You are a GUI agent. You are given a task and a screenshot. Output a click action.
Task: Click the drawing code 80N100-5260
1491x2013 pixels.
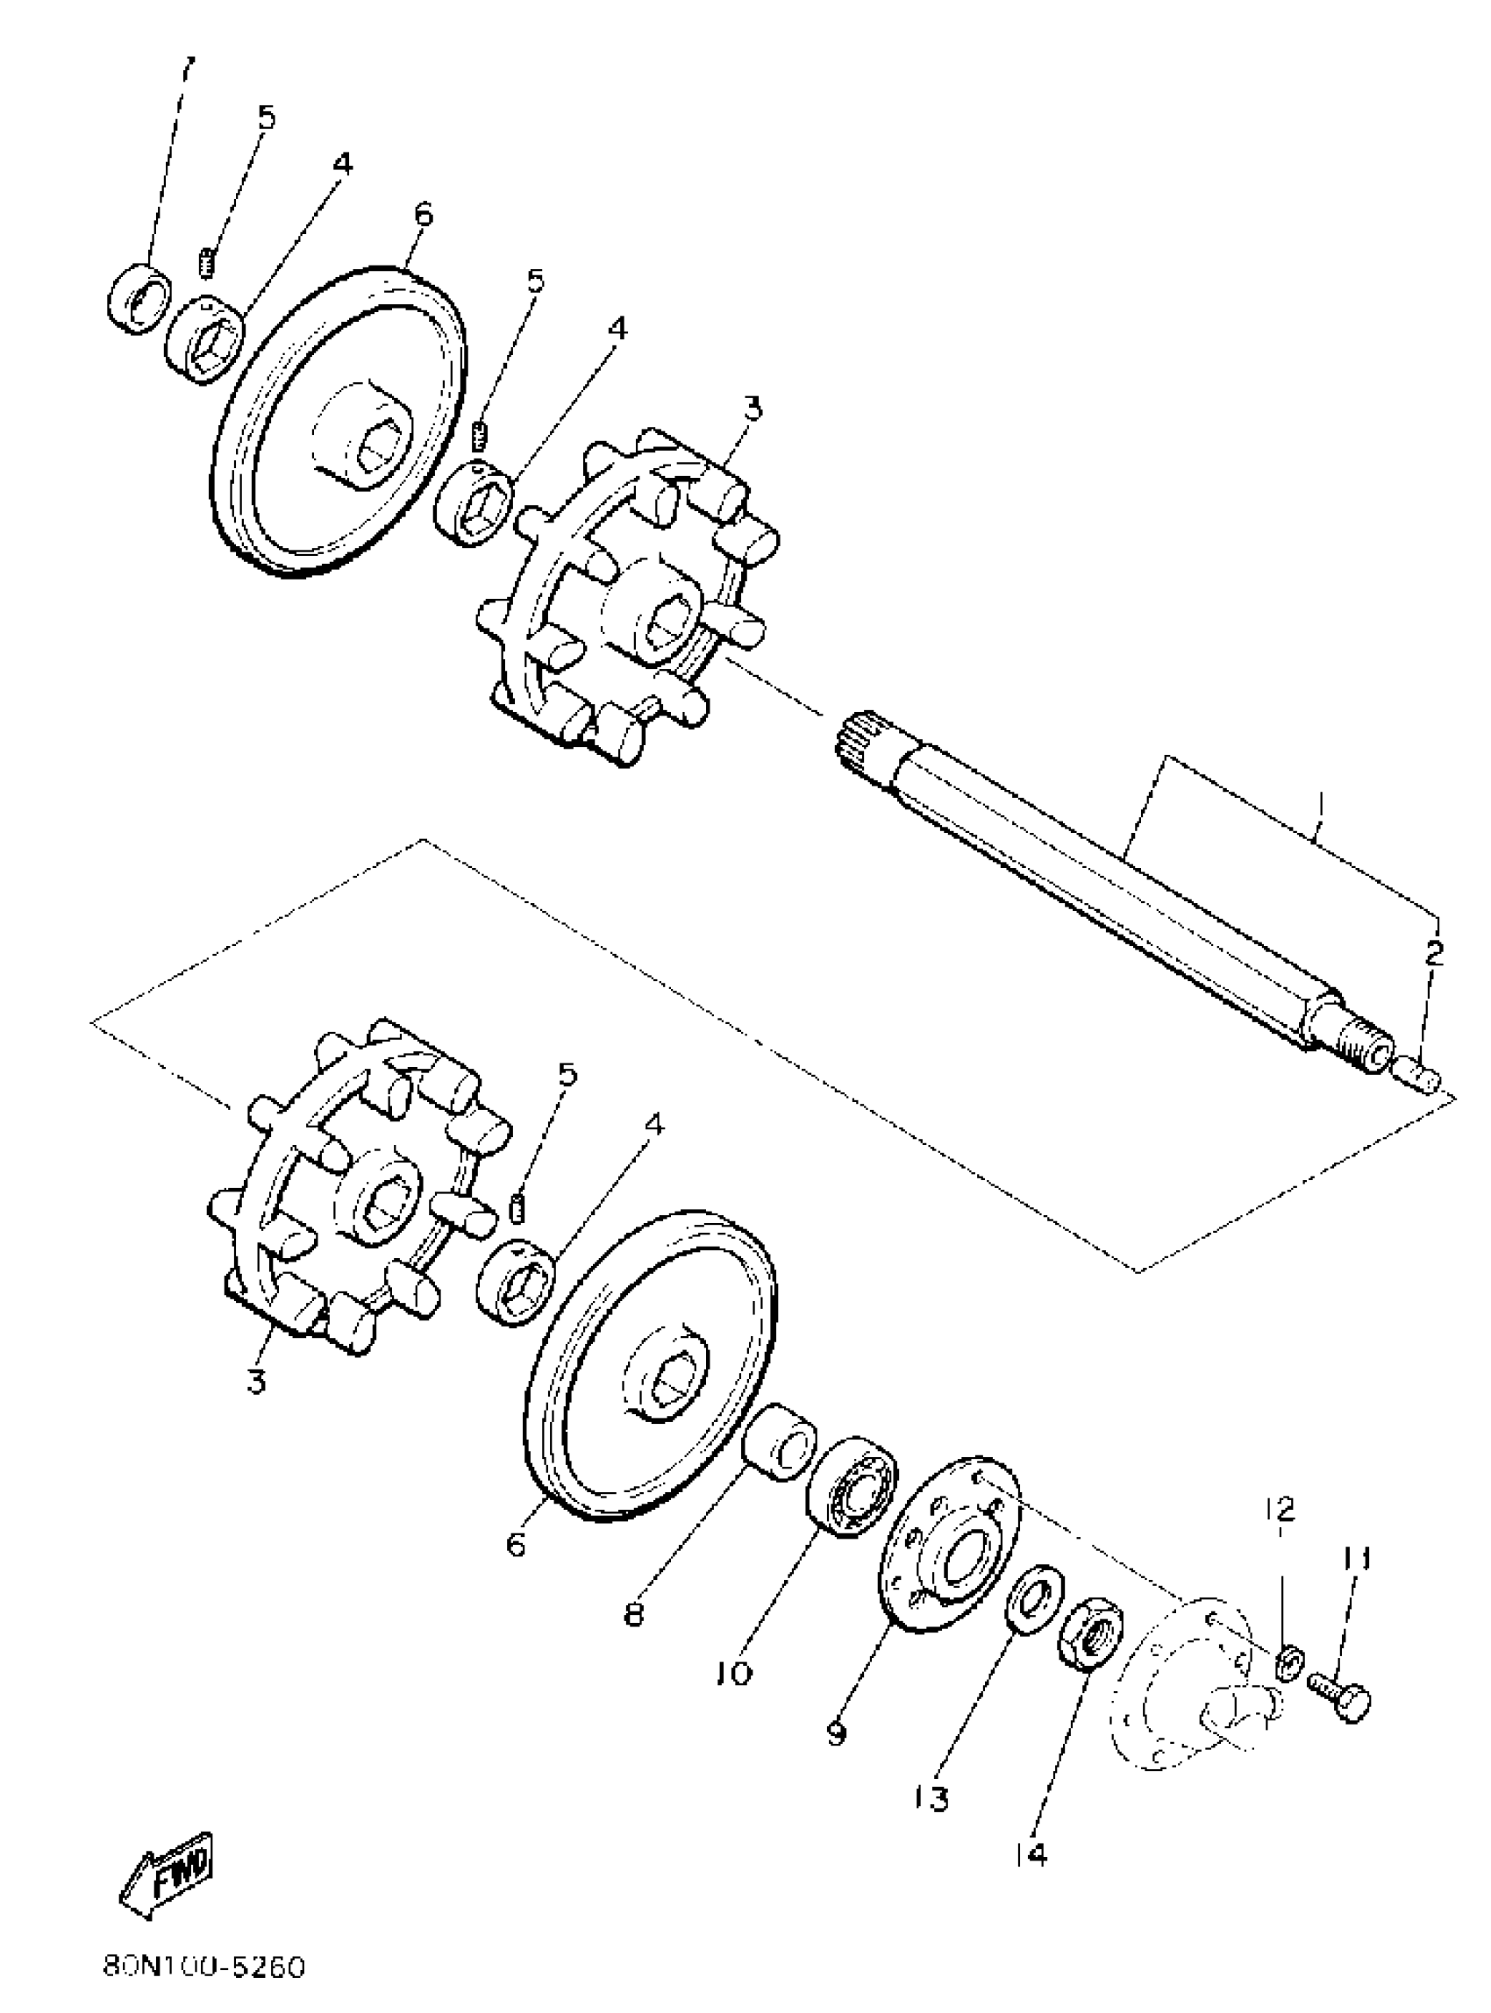(204, 1965)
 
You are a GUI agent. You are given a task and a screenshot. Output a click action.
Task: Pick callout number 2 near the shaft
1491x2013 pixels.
(1434, 952)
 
